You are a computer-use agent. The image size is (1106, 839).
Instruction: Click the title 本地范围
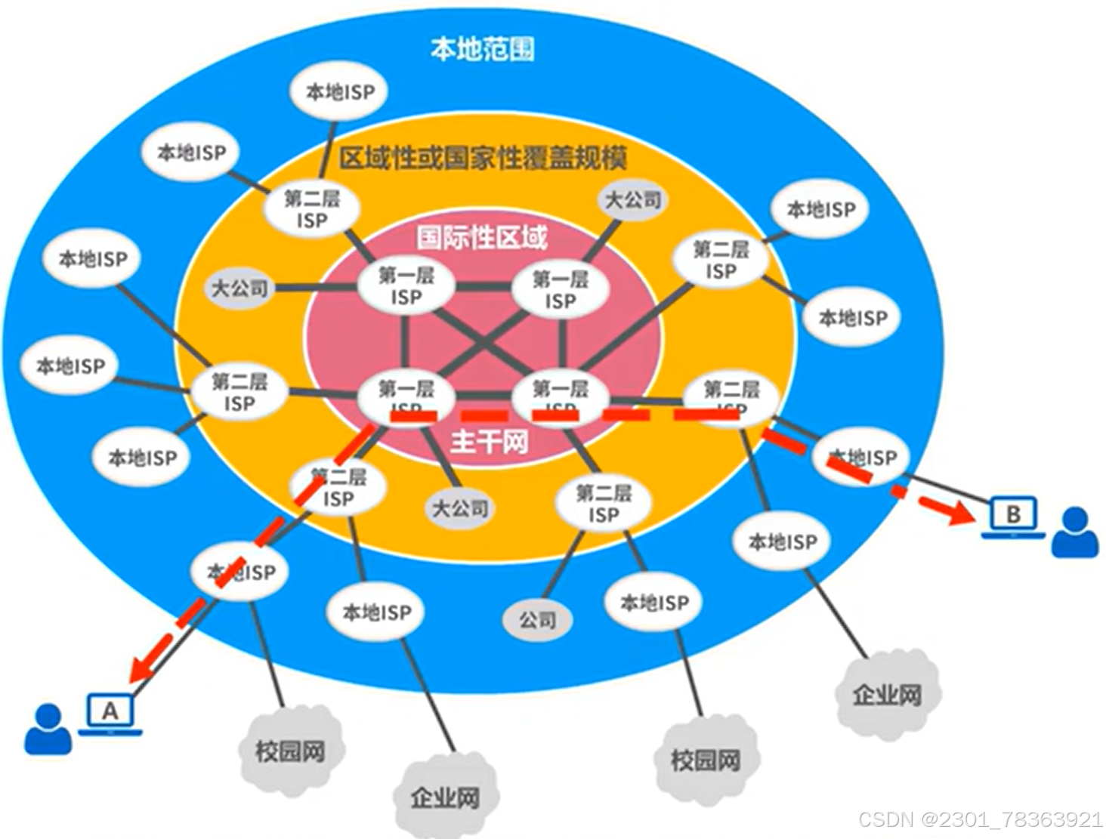pos(482,49)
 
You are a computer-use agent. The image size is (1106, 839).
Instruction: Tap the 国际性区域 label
pos(482,238)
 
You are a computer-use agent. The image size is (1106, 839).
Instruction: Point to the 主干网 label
pos(489,442)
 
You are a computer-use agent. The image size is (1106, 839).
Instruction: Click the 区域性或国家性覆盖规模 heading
pos(483,159)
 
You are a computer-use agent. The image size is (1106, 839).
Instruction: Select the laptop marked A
pos(110,712)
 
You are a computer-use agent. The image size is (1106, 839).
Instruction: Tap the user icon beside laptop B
pos(1075,532)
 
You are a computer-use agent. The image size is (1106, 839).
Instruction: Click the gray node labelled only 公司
pos(537,620)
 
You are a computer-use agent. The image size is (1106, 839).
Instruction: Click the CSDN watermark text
pos(981,819)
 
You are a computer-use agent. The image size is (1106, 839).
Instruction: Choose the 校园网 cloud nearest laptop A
pos(291,751)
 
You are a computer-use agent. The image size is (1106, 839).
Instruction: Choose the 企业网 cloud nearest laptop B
pos(887,694)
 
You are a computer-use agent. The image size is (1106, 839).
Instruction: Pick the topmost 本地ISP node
pos(340,92)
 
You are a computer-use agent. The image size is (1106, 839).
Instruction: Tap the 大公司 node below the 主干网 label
pos(459,508)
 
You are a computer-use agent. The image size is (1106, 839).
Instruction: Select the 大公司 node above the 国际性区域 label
pos(633,200)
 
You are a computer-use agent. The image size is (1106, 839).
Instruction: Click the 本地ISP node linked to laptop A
pos(242,572)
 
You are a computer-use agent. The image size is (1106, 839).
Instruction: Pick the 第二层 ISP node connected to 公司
pos(603,504)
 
